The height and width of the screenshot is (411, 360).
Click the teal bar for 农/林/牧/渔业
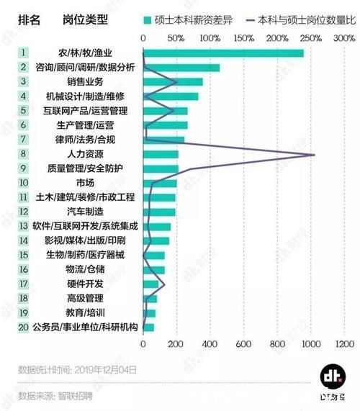[x=223, y=53]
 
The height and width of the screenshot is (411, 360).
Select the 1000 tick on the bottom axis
[x=311, y=344]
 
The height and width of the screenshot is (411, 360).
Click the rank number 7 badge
[x=24, y=140]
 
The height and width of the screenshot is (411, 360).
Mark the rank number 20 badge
[x=24, y=328]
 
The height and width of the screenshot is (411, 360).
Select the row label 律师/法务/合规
[x=85, y=140]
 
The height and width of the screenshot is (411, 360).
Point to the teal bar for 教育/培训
[x=150, y=313]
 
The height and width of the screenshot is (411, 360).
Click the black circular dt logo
[x=333, y=376]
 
